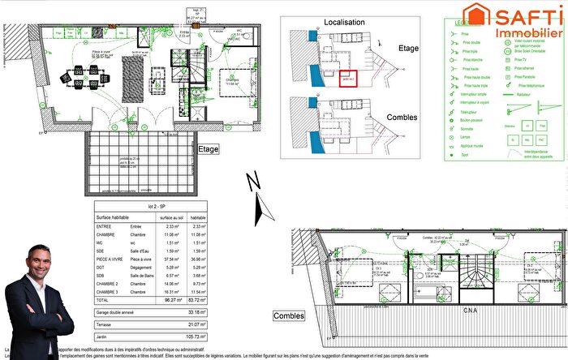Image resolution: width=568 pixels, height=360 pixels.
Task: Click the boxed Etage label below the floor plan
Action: coord(209,149)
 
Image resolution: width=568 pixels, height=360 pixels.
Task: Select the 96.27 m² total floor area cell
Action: coord(172,299)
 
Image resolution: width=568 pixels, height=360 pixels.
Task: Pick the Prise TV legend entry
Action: coord(521,60)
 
